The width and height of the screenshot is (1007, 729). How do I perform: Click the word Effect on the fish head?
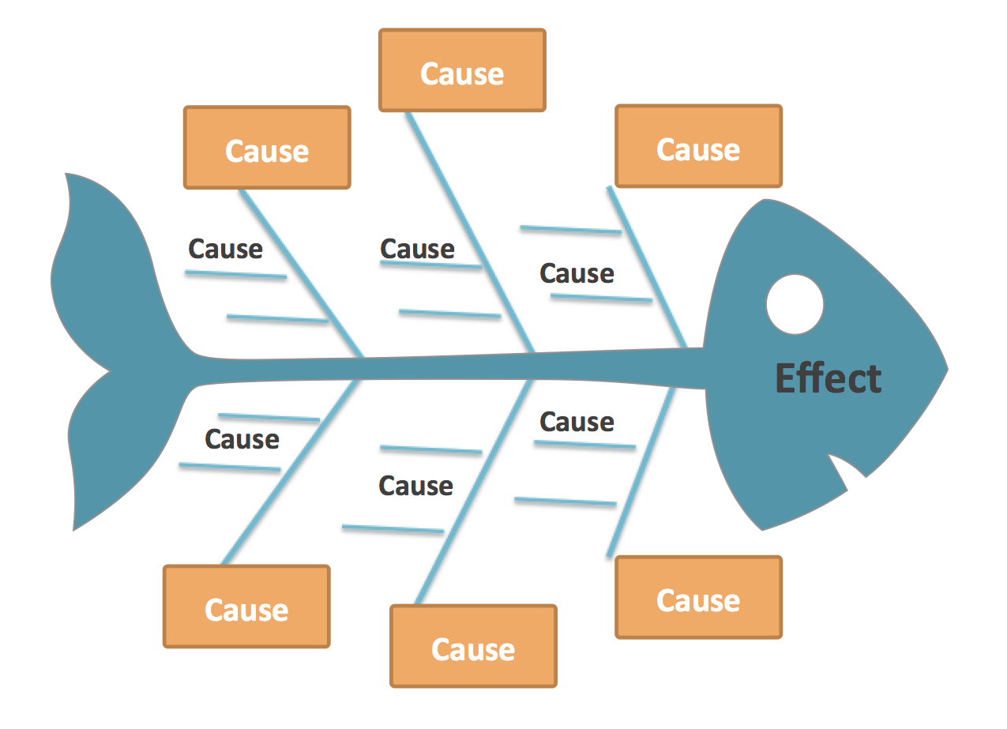tap(828, 378)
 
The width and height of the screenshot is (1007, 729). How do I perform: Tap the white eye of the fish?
tap(795, 304)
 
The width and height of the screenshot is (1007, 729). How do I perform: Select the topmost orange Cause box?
tap(462, 70)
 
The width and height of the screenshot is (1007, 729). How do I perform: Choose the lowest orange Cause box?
tap(473, 646)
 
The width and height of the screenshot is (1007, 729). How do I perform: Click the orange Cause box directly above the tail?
tap(267, 148)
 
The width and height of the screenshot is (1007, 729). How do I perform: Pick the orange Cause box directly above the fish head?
tap(699, 146)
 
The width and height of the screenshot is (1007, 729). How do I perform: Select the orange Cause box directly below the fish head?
tap(699, 597)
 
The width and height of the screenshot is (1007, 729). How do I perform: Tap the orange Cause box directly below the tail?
tap(246, 607)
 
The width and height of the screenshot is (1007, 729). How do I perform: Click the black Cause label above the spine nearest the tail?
tap(225, 249)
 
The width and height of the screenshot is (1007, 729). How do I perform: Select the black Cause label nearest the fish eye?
tap(577, 273)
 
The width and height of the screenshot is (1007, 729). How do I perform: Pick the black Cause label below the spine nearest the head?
tap(577, 422)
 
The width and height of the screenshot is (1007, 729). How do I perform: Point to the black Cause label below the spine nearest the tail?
tap(242, 439)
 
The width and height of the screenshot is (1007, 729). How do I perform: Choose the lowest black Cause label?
tap(416, 486)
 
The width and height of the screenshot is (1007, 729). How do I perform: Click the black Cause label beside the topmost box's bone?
tap(417, 249)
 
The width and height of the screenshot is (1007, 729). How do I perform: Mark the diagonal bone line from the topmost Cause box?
tap(470, 232)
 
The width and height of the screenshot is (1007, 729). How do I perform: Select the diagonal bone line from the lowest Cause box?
tap(474, 492)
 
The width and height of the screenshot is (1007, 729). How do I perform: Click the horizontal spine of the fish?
tap(449, 369)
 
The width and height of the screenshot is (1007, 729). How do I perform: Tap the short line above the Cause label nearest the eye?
tap(570, 230)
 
